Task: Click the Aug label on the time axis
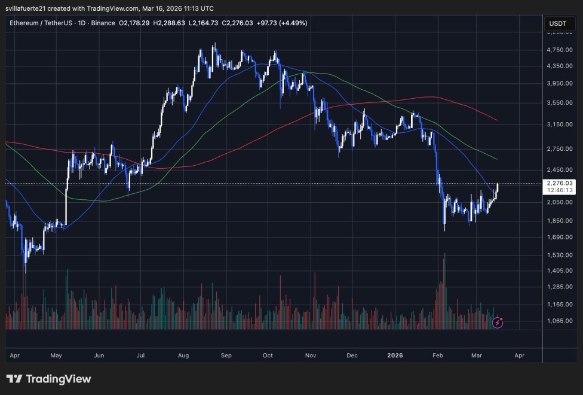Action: (183, 355)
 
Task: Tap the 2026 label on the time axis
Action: (395, 355)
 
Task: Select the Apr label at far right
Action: (519, 355)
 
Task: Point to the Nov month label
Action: (310, 355)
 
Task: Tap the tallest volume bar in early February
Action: (444, 291)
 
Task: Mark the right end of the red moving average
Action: (498, 120)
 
